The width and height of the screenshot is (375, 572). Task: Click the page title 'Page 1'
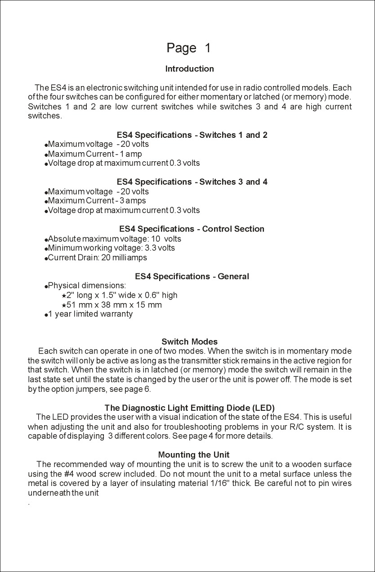click(x=188, y=48)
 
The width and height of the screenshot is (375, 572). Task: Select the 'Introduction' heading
click(x=189, y=69)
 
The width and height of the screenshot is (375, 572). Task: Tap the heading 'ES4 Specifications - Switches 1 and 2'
click(x=192, y=135)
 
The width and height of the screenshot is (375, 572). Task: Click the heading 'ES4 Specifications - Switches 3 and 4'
click(x=192, y=182)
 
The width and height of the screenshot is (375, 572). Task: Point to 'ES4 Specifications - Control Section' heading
click(x=192, y=229)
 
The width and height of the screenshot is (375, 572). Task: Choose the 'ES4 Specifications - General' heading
click(x=192, y=276)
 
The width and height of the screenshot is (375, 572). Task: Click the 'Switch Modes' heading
click(x=189, y=341)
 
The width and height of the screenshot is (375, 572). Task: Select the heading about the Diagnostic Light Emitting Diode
click(x=189, y=408)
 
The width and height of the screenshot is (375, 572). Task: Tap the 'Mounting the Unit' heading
click(x=194, y=454)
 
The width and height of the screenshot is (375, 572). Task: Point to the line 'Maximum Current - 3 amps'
click(x=97, y=201)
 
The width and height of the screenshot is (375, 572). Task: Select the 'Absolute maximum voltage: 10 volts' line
click(x=114, y=239)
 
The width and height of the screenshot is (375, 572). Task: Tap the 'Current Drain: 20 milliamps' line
click(x=97, y=258)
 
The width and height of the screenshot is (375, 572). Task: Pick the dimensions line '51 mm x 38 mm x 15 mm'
click(x=114, y=305)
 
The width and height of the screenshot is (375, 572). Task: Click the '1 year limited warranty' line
click(x=90, y=314)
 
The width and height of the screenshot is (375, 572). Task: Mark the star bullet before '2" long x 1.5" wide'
click(x=64, y=296)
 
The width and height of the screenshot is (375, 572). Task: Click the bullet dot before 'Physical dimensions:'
click(x=46, y=286)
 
